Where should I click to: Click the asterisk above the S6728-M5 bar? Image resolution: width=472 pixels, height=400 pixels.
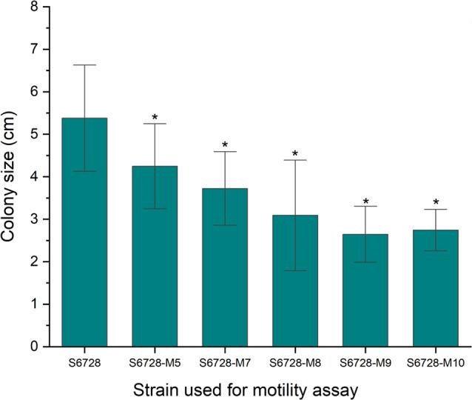(155, 118)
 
